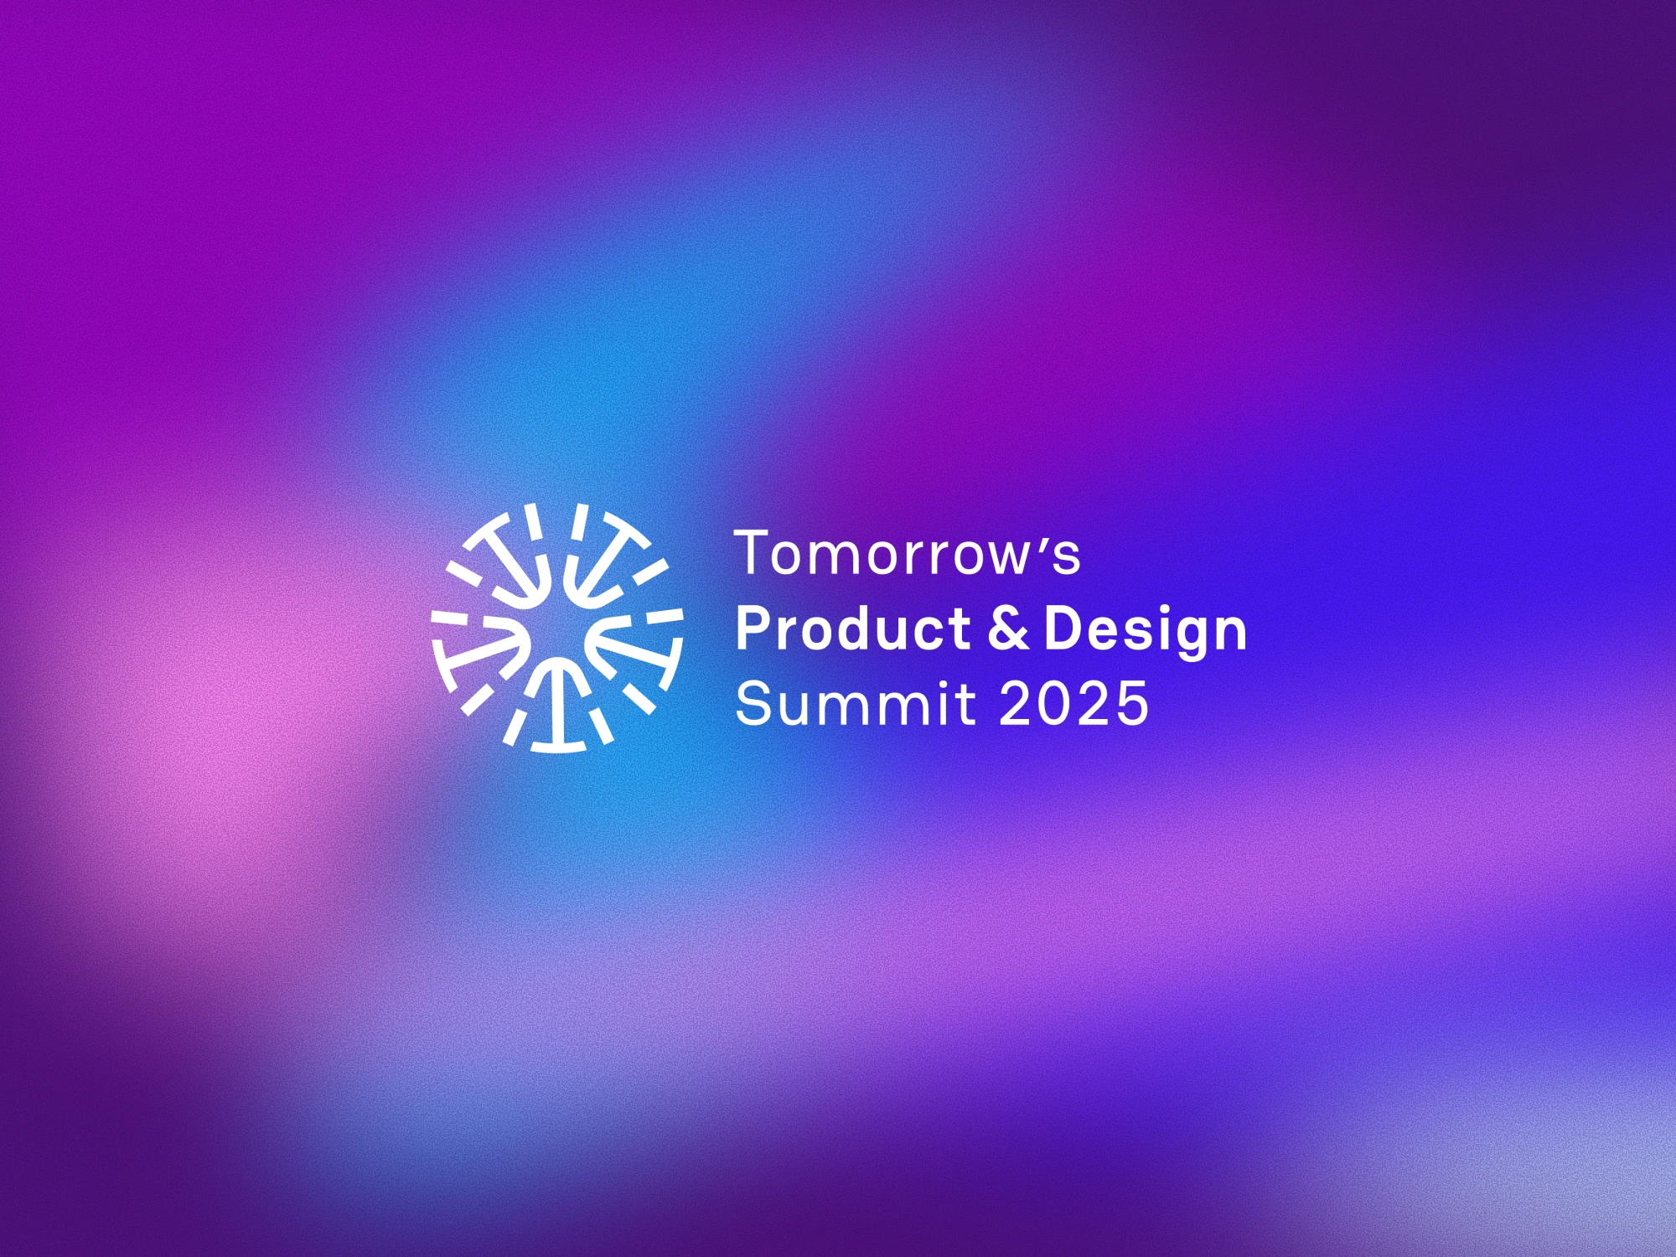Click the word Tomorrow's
(x=908, y=553)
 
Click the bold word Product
(x=852, y=628)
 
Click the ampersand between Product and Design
(x=1008, y=628)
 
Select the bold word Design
(x=1146, y=633)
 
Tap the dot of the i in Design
(x=1155, y=609)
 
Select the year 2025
(x=1073, y=703)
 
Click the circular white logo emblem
(x=557, y=628)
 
